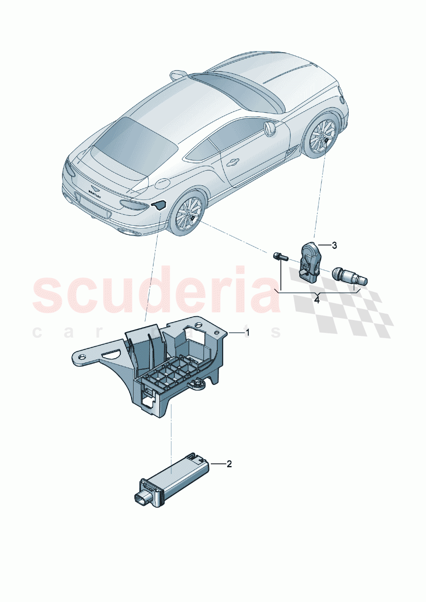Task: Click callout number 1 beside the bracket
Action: (x=247, y=333)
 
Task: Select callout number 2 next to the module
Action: (x=229, y=464)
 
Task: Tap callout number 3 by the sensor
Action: (x=334, y=245)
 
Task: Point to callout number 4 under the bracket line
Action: (x=317, y=300)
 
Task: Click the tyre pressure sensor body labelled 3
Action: (x=310, y=261)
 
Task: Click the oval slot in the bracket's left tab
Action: (x=112, y=354)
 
